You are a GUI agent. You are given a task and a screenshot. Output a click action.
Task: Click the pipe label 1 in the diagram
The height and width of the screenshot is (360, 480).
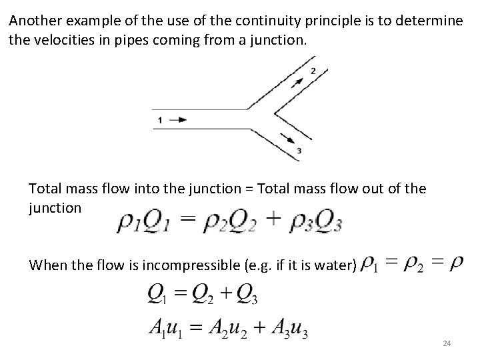pos(159,120)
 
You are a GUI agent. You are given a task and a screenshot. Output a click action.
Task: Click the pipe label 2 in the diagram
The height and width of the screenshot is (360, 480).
pos(314,71)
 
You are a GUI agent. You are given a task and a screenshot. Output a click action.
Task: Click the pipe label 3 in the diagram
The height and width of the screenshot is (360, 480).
pos(299,151)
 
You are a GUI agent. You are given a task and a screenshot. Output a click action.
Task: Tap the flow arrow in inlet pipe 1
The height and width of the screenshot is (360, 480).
pos(178,120)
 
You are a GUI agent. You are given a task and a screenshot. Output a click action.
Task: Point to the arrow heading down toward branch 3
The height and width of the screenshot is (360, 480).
pos(289,139)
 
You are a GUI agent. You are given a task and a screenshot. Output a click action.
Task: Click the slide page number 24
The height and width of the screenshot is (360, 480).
pos(447,343)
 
